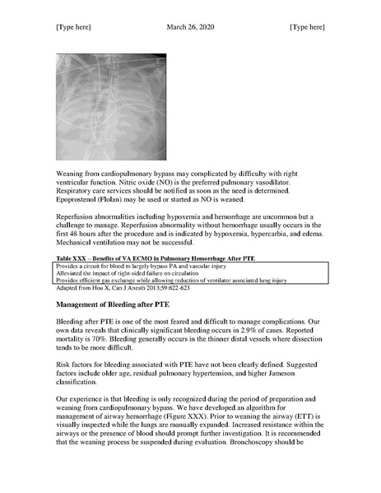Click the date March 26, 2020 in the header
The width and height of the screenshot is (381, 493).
pyautogui.click(x=190, y=27)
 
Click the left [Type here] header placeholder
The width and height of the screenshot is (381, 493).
pyautogui.click(x=73, y=27)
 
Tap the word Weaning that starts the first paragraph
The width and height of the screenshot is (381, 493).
pyautogui.click(x=72, y=173)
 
